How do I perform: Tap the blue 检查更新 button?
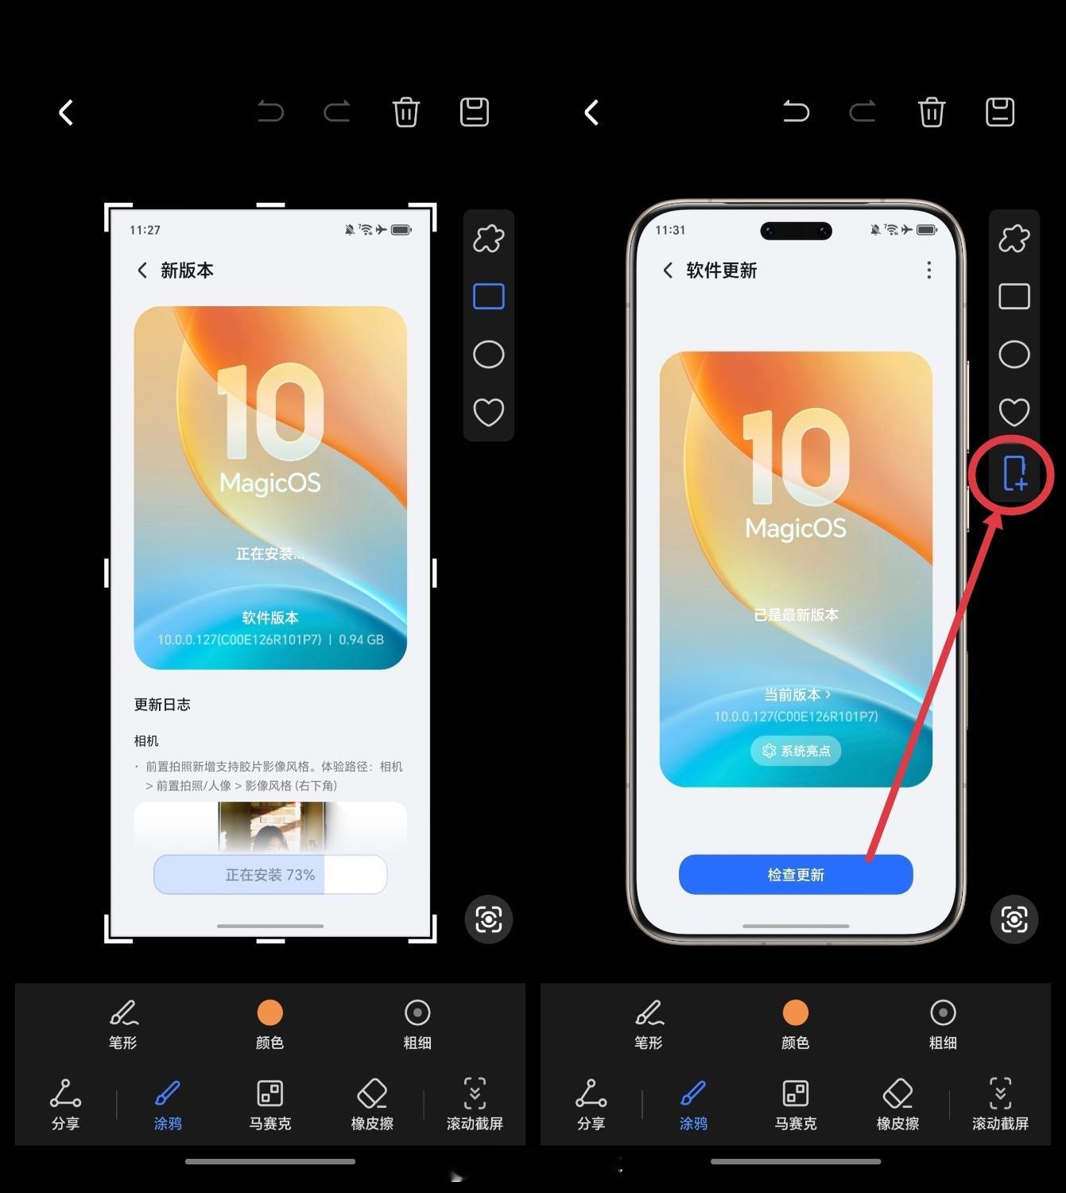tap(795, 874)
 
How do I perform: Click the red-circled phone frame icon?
tap(1014, 473)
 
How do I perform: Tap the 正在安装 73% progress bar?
tap(270, 874)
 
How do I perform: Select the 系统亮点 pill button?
tap(795, 751)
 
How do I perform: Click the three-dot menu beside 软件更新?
tap(928, 270)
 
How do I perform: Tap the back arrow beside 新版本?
tap(141, 270)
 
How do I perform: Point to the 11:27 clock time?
tap(145, 230)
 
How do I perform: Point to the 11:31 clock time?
tap(670, 230)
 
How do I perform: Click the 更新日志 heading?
tap(162, 704)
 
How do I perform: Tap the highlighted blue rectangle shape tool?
tap(489, 296)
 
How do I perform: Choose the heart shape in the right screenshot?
tap(1014, 412)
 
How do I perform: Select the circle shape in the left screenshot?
tap(489, 354)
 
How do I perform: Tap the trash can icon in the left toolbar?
tap(405, 112)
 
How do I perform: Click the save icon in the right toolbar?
tap(999, 112)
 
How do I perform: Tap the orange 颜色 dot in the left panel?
tap(270, 1012)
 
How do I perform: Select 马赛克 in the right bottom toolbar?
tap(795, 1105)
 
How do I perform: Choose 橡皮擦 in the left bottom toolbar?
tap(372, 1105)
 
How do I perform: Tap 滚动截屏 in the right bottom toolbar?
tap(1000, 1105)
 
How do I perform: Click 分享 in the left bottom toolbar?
tap(65, 1105)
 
